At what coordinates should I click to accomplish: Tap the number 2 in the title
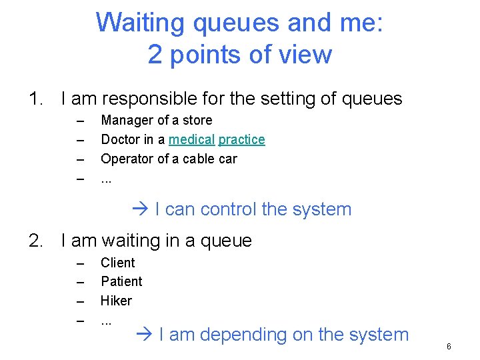[155, 54]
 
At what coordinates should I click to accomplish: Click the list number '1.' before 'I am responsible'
[37, 99]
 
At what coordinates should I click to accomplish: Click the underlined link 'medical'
[191, 140]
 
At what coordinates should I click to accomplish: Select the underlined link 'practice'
[241, 140]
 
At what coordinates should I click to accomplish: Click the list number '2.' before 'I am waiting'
[37, 241]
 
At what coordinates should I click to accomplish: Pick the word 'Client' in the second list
[117, 263]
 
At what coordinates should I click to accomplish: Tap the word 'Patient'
[121, 282]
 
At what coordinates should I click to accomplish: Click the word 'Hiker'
[116, 301]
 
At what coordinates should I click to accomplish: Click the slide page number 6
[449, 347]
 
